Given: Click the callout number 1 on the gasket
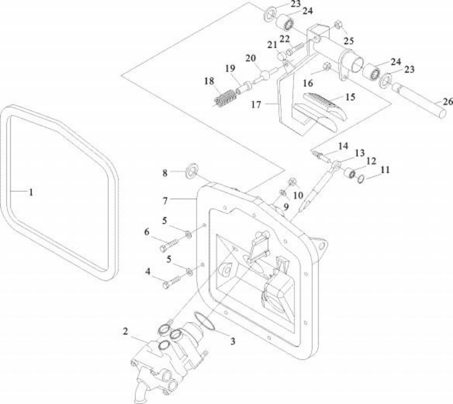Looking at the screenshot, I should [31, 192].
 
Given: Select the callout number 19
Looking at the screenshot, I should [230, 68].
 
